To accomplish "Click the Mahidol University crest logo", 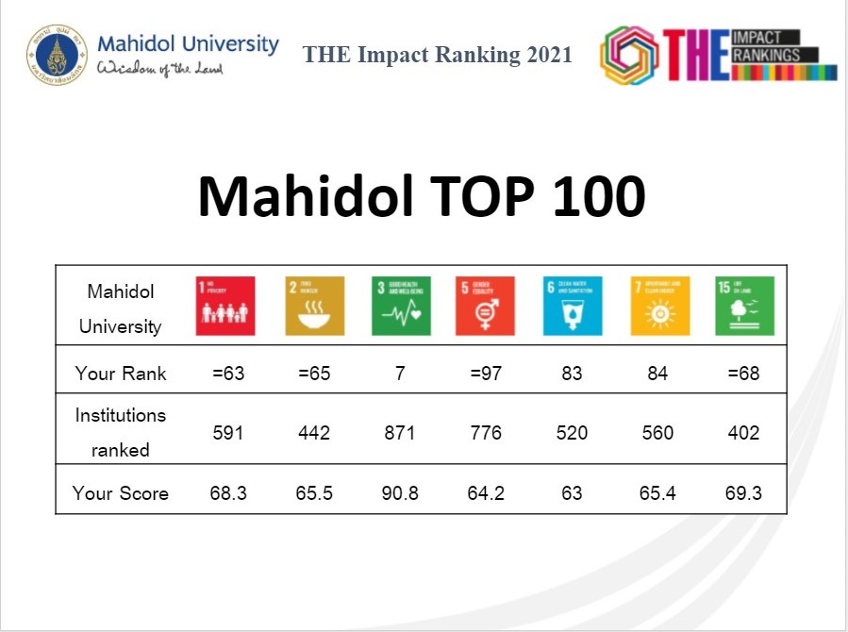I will pos(57,55).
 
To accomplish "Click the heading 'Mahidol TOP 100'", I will pos(422,197).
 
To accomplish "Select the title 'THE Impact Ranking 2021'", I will pos(438,55).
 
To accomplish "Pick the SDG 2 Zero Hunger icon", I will pos(314,306).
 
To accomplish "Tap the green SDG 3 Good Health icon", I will pos(400,306).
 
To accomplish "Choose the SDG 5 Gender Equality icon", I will pos(486,306).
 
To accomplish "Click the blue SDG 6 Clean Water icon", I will pos(572,306).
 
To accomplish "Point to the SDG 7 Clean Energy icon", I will pos(658,306).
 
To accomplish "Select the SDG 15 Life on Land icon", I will pos(744,306).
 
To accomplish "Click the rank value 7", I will pos(400,374).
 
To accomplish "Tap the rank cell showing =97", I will pos(486,374).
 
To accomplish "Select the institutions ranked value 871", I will pos(400,433).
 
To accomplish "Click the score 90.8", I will pos(400,492).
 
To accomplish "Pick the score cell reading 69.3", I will pos(744,492).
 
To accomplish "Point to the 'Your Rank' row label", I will pos(121,374).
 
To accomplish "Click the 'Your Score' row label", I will pos(121,492).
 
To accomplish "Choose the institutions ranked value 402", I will pos(744,433).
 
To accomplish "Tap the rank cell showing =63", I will pos(228,374).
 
